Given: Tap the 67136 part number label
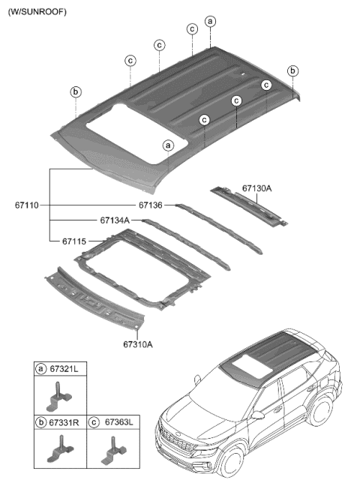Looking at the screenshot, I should [150, 205].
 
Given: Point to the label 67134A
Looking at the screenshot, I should [115, 220].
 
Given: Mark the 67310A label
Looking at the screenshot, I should [138, 344].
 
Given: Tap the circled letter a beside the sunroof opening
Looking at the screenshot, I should [169, 145].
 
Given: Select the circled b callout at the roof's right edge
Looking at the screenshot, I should [292, 70].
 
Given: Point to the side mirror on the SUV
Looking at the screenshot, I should [257, 413].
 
